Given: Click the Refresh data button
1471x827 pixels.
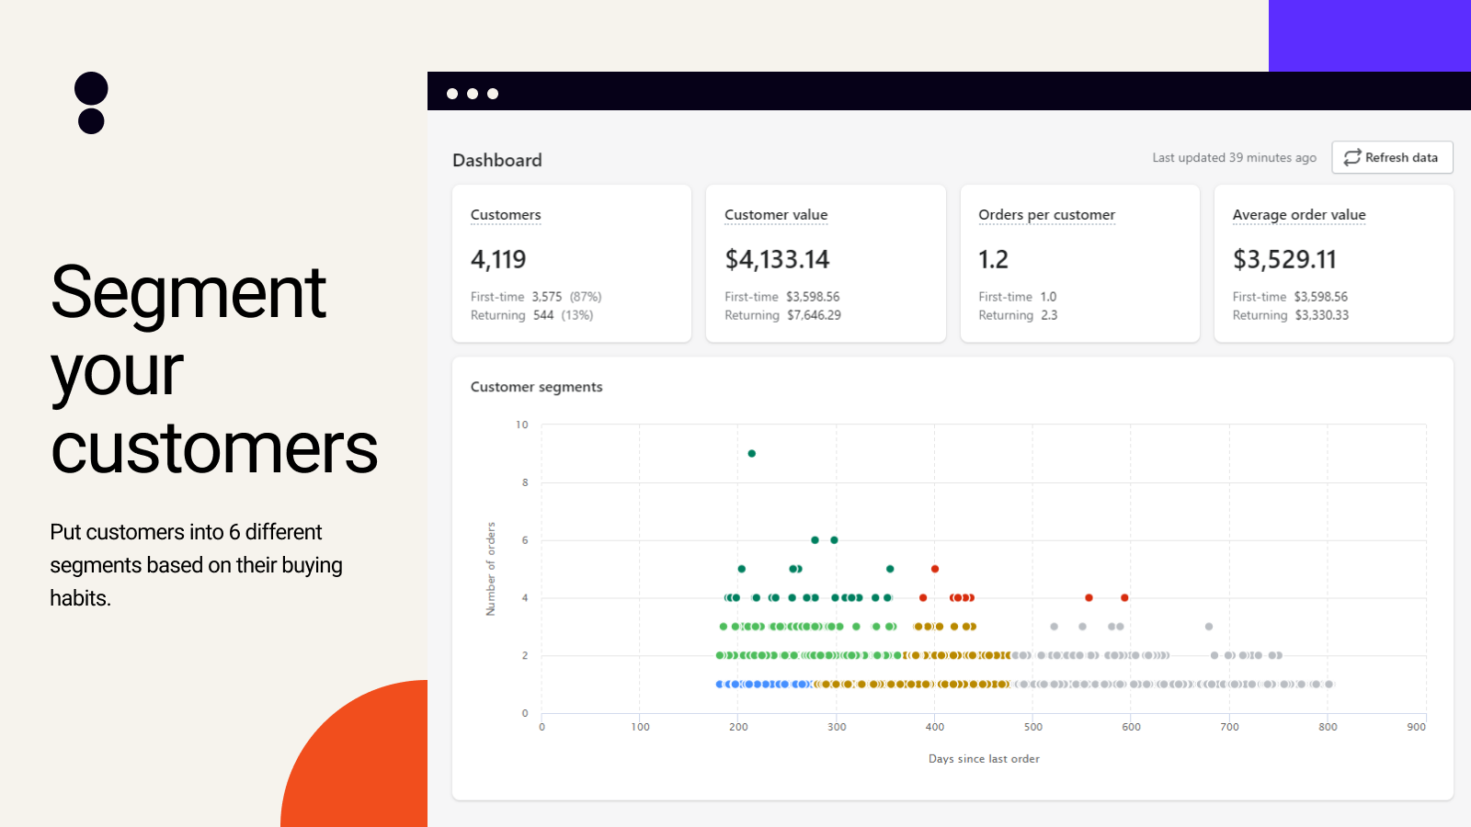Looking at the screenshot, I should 1392,158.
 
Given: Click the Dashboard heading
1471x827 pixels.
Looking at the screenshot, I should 497,161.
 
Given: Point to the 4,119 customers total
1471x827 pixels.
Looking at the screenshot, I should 498,260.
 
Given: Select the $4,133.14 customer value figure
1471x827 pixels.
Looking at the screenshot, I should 777,260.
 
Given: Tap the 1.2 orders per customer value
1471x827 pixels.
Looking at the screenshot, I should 993,260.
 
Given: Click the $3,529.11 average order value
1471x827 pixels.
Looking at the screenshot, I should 1284,260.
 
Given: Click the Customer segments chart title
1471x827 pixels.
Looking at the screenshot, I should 536,387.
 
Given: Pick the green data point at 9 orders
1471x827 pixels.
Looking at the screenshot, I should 752,454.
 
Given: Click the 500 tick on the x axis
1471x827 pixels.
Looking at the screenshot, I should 1033,727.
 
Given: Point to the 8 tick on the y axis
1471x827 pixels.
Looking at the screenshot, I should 525,482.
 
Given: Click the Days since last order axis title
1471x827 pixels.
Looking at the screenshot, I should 984,759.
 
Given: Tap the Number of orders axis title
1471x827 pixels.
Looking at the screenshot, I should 491,569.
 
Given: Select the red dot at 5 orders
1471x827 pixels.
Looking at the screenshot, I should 935,569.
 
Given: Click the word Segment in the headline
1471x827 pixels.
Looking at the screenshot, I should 188,294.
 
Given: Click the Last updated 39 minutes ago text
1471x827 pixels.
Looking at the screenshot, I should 1234,158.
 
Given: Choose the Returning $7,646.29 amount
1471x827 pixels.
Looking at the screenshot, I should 814,315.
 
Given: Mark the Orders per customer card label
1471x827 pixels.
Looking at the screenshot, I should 1046,215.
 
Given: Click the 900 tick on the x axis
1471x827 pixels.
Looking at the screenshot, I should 1416,727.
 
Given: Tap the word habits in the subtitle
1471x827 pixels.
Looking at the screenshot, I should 79,598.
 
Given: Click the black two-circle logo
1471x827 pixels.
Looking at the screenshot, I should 91,103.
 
